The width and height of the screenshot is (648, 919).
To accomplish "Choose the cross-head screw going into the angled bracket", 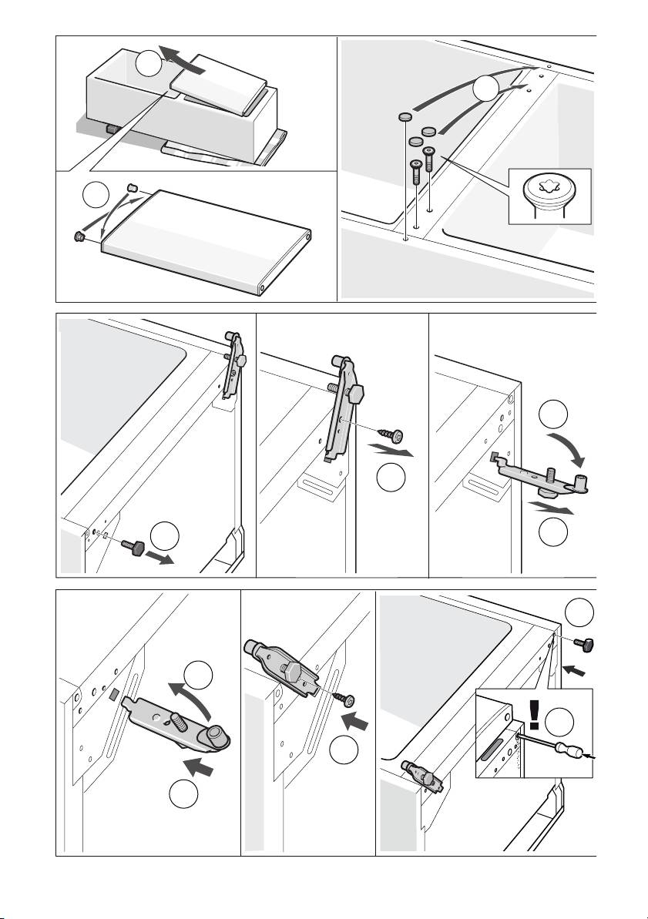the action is pyautogui.click(x=346, y=698).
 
